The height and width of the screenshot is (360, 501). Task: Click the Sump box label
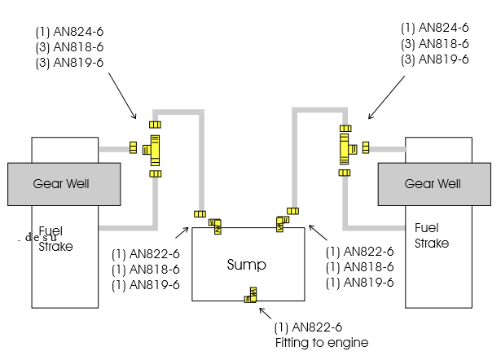[x=247, y=265]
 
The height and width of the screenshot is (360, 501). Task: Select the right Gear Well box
[x=433, y=183]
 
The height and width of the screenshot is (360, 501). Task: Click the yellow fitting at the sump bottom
[x=252, y=294]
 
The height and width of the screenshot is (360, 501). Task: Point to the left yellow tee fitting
[x=154, y=148]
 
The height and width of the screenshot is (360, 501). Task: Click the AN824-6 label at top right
[x=435, y=27]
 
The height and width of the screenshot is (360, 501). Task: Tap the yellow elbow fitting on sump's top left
[x=216, y=225]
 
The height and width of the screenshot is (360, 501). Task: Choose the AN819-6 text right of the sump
[x=360, y=282]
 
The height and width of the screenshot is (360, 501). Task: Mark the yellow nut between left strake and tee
[x=132, y=147]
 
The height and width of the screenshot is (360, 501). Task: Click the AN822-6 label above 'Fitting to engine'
[x=310, y=327]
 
